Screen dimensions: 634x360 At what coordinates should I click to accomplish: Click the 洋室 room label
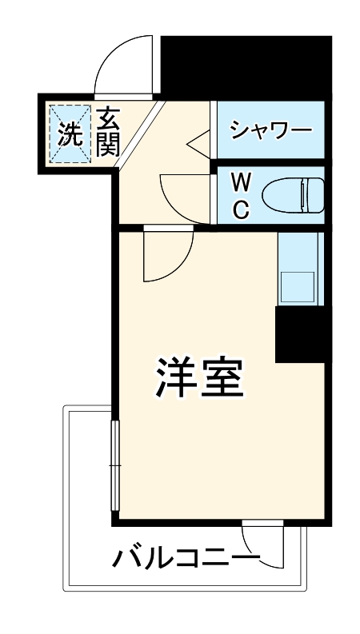(x=197, y=377)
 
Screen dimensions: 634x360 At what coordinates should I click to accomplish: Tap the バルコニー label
(x=186, y=556)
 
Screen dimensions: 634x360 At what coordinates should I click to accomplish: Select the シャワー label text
(x=270, y=130)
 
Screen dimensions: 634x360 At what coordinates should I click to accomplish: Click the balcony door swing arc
(x=273, y=548)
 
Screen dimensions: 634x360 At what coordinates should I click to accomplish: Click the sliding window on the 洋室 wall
(x=114, y=465)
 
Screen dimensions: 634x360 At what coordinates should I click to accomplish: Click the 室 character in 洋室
(x=219, y=377)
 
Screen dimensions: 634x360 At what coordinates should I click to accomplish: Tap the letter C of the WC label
(x=241, y=209)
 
